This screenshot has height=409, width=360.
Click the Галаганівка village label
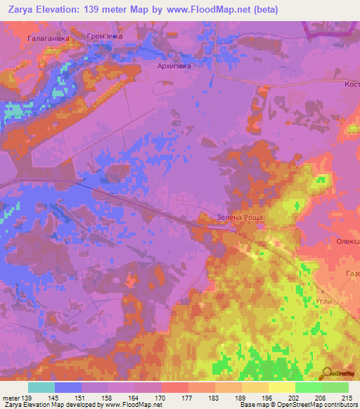click(49, 39)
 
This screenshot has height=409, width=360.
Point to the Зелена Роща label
click(239, 218)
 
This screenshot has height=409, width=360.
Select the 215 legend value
click(348, 398)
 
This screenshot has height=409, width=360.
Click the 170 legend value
click(161, 398)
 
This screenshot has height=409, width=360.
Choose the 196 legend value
click(268, 398)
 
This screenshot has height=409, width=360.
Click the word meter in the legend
click(9, 398)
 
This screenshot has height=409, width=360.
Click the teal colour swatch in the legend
click(41, 387)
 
